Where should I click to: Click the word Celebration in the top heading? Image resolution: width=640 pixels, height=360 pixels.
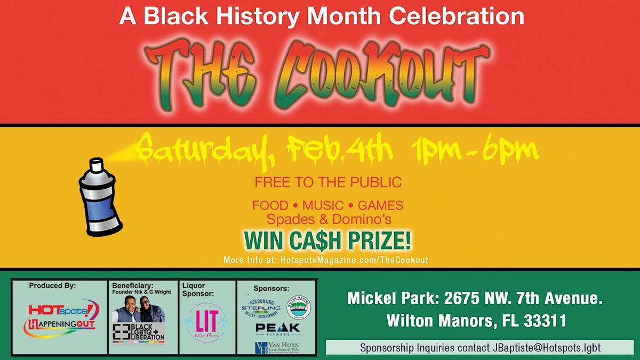point(458,16)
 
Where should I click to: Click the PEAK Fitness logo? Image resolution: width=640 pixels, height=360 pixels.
point(277,329)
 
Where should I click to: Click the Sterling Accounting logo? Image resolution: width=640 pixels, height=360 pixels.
point(261,308)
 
